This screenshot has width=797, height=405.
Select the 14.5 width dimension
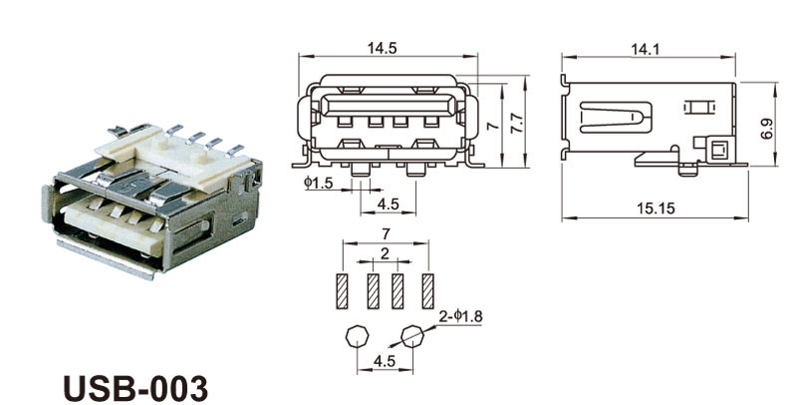(x=386, y=47)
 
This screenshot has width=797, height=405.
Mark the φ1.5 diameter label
(x=318, y=183)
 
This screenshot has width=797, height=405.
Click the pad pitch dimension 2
(x=385, y=254)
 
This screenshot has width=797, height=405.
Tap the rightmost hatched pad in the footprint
(x=428, y=290)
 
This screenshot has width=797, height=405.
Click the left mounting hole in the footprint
(x=356, y=336)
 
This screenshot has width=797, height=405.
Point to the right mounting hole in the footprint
(x=412, y=336)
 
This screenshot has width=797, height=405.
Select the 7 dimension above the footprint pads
(x=386, y=232)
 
